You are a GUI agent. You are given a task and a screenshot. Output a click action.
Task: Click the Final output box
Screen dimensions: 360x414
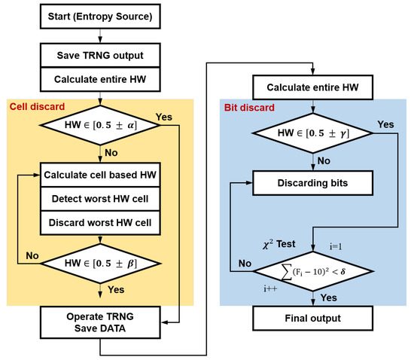point(311,319)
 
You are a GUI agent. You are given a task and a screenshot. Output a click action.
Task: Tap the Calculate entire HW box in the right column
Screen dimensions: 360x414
point(311,87)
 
